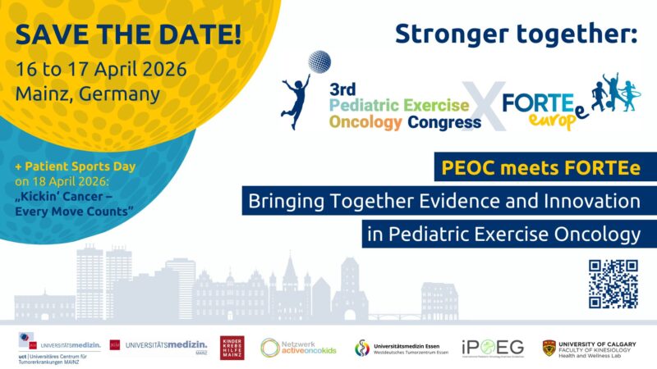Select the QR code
[613, 284]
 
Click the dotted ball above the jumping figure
[319, 62]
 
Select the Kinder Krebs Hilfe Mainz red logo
[232, 347]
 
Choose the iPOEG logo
[492, 347]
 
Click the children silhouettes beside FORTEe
[618, 92]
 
